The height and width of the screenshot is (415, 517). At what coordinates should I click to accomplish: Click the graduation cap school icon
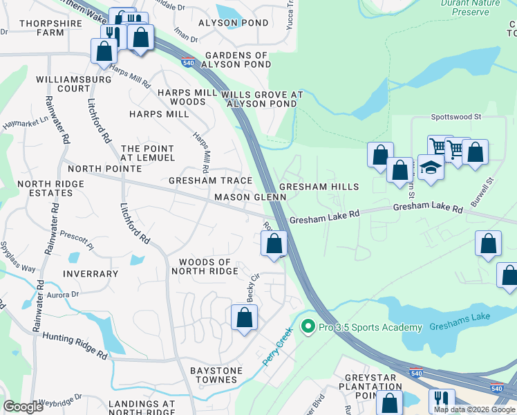[431, 169]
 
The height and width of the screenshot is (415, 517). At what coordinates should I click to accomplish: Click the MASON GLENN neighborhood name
[250, 197]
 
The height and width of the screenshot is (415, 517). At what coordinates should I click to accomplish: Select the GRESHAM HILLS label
[319, 187]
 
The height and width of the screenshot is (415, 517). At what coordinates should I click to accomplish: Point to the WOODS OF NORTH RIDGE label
[205, 266]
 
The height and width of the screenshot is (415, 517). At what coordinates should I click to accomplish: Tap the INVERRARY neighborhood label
[90, 274]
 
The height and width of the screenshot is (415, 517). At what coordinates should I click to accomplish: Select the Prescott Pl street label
[77, 239]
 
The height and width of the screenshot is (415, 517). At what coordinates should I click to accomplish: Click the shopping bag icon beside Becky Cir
[244, 317]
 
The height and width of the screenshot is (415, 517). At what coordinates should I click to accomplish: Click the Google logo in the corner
[23, 407]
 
